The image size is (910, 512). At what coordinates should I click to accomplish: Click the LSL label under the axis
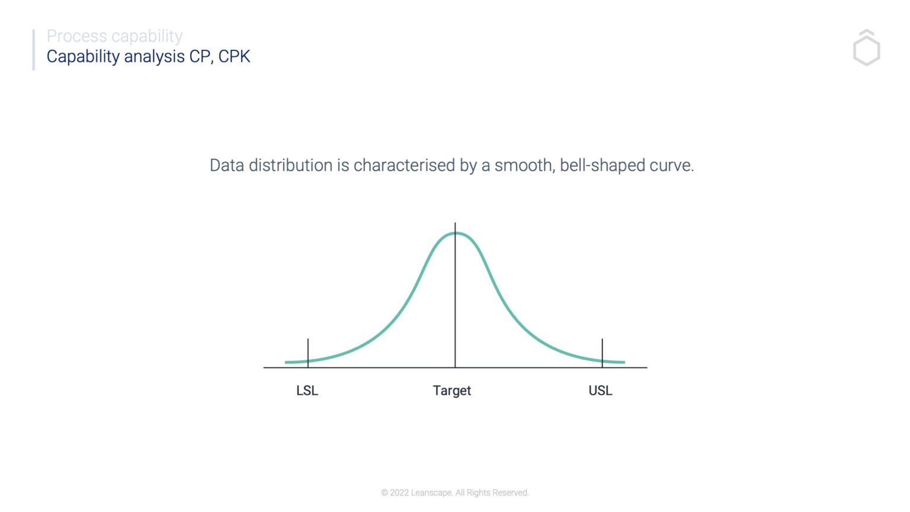coord(307,391)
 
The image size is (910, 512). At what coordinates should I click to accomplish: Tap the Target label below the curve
coord(451,391)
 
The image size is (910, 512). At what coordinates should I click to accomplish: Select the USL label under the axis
coord(600,391)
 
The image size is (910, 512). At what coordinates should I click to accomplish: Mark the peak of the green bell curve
coord(456,233)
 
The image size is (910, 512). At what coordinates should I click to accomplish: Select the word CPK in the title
coord(234,56)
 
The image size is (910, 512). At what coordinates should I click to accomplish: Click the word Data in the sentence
coord(227,165)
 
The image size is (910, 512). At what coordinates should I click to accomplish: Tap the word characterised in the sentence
coord(404,165)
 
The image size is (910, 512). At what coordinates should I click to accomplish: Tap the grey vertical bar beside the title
coord(34,50)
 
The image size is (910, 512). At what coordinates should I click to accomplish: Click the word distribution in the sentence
coord(290,165)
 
